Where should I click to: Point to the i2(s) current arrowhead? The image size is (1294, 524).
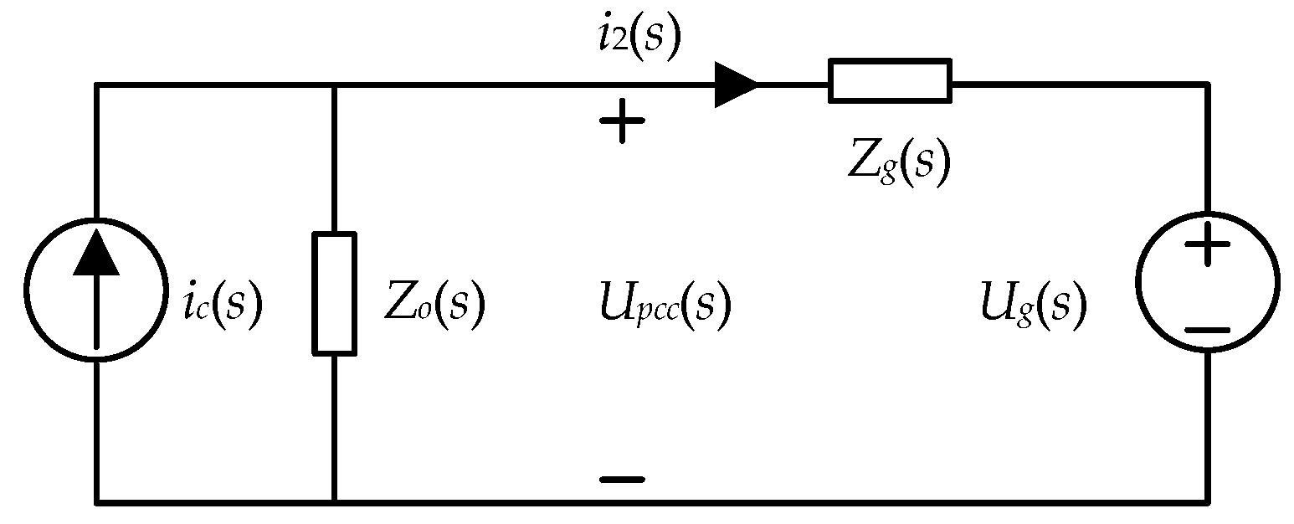[x=736, y=85]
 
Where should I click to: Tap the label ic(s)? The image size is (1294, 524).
[x=223, y=303]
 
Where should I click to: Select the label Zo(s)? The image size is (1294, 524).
[x=434, y=303]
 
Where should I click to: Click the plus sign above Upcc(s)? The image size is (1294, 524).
[x=622, y=121]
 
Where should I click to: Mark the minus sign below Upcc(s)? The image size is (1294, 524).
[x=622, y=479]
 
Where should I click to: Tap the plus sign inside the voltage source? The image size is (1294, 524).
[x=1207, y=244]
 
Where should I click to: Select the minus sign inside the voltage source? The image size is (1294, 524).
[x=1207, y=331]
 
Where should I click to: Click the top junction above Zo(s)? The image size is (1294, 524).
[x=335, y=85]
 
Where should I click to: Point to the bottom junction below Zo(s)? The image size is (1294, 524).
[x=335, y=502]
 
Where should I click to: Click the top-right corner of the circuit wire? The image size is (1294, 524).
[x=1208, y=85]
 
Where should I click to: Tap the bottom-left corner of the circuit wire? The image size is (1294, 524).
[x=96, y=502]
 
